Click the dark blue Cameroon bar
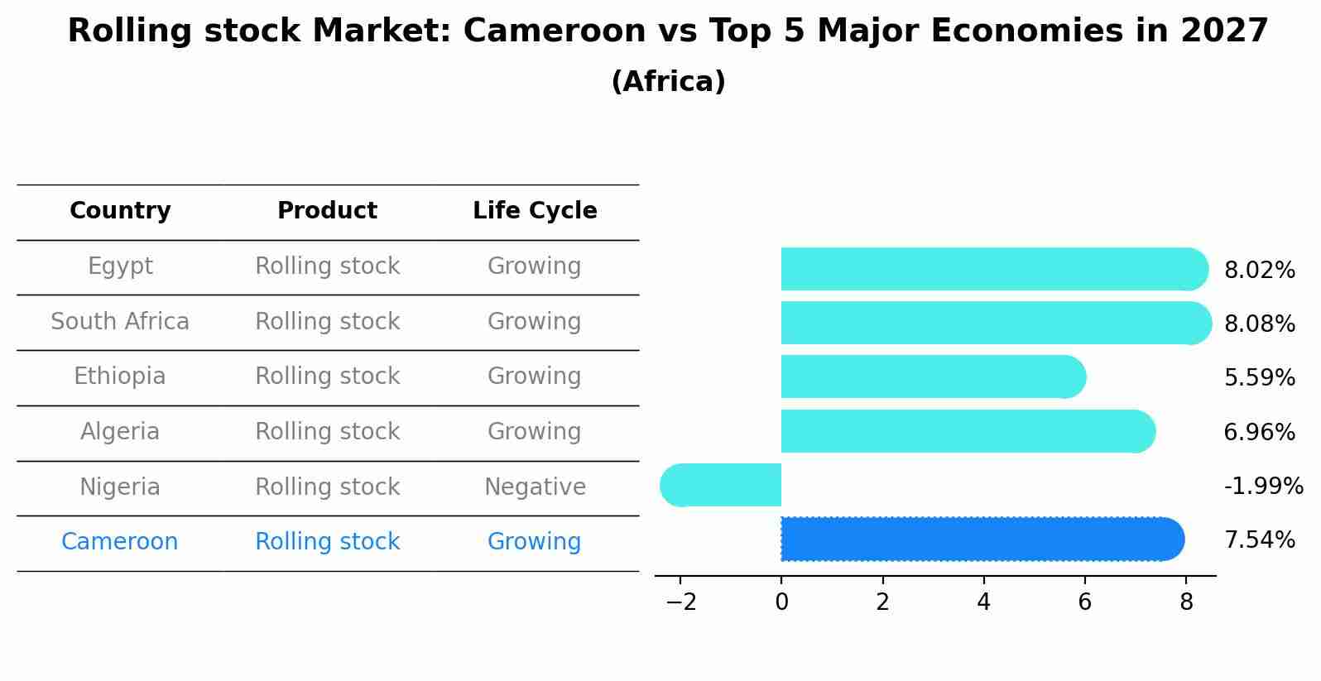tap(982, 540)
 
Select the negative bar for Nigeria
tap(721, 486)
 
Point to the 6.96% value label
tap(1259, 432)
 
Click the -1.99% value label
tap(1263, 486)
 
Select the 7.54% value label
tap(1259, 540)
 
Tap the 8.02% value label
tap(1259, 270)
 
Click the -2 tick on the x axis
tap(680, 602)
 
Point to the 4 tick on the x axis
tap(983, 602)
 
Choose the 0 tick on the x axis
tap(781, 602)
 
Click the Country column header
tap(120, 211)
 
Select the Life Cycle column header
tap(535, 211)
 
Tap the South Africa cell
tap(120, 321)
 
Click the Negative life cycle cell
tap(535, 487)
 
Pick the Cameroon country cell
tap(120, 542)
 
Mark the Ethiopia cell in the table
tap(120, 376)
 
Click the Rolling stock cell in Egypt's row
tap(327, 266)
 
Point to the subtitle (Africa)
tap(668, 82)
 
